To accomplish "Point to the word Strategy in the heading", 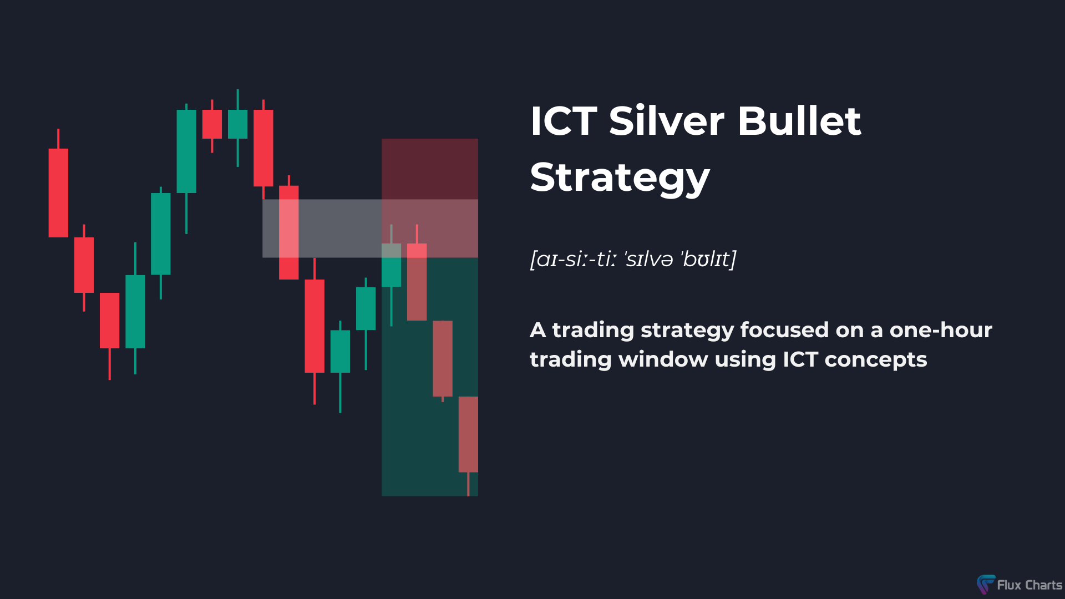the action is (x=620, y=177).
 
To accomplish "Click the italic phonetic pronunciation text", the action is (x=633, y=259).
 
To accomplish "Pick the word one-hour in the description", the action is (x=941, y=330).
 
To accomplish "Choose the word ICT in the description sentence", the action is (x=800, y=359).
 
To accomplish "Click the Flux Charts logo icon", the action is (x=986, y=584).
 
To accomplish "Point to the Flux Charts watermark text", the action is (x=1029, y=585).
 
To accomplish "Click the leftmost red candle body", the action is (x=58, y=192).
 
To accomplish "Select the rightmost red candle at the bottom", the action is (x=468, y=434).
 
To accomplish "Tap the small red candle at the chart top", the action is (x=212, y=124).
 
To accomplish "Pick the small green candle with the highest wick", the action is (x=237, y=124).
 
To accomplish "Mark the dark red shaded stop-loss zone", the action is (x=430, y=169).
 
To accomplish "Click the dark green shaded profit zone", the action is (x=430, y=377).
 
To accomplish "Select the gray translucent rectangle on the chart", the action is (x=370, y=229).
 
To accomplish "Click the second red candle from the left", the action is (x=84, y=265).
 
